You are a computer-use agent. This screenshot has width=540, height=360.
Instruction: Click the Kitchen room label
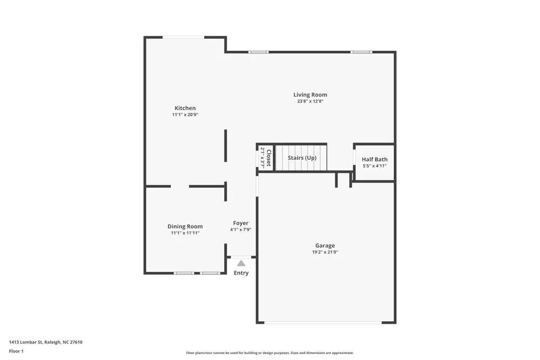point(185,108)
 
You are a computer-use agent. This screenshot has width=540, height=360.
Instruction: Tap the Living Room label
point(310,95)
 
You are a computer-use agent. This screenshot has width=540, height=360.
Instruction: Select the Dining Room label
point(185,227)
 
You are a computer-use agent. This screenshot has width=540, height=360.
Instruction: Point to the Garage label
point(325,246)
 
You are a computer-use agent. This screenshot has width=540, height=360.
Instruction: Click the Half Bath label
point(374,159)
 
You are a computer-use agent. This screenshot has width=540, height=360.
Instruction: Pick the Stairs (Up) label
point(302,158)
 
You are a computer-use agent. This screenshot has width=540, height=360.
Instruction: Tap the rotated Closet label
point(268,158)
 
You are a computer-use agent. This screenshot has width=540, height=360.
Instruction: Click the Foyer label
point(240,223)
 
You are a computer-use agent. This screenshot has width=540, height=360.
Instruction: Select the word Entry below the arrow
point(241,273)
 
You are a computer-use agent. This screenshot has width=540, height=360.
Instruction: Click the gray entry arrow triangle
point(241,263)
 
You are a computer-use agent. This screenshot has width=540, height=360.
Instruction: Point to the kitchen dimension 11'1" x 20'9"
point(185,115)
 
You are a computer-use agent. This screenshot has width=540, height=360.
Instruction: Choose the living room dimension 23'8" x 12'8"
point(310,101)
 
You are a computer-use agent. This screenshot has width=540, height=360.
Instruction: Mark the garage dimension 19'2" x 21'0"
point(325,252)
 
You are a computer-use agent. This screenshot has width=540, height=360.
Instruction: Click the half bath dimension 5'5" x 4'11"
point(374,166)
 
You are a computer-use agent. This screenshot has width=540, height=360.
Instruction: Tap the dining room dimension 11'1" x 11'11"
point(185,233)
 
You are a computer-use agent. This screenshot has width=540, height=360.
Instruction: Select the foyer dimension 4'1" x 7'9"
point(240,230)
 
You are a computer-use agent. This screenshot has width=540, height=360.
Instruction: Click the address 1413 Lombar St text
point(45,342)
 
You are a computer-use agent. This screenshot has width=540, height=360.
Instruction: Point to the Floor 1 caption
point(16,351)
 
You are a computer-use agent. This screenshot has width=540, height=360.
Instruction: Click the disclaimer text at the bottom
point(270,353)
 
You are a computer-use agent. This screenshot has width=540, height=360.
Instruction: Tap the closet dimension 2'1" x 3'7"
point(262,158)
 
